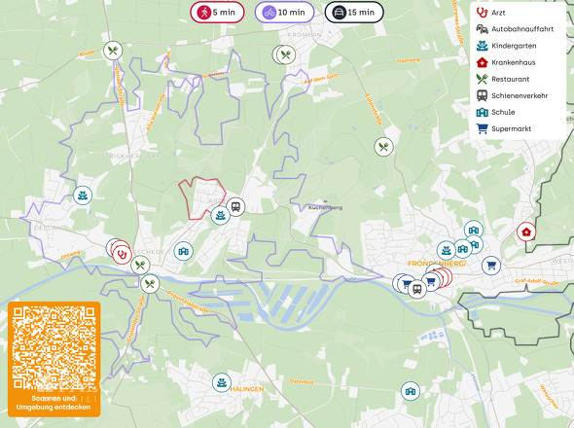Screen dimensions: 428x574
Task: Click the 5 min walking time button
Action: click(x=217, y=13)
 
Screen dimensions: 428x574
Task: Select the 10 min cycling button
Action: click(x=284, y=13)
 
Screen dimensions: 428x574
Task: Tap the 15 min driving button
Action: click(x=353, y=13)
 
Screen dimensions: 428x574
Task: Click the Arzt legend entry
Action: click(x=498, y=13)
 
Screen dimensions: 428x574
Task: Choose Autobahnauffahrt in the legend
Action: click(x=521, y=29)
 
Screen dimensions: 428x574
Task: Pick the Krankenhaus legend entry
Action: click(x=513, y=62)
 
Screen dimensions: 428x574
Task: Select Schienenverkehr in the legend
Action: click(x=519, y=95)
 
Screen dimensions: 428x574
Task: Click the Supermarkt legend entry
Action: click(x=512, y=128)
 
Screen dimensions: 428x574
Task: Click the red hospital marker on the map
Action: click(x=526, y=232)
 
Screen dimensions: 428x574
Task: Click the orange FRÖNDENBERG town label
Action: click(x=436, y=264)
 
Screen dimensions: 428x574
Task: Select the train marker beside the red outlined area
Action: click(x=235, y=206)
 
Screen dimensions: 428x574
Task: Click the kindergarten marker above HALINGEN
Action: click(x=223, y=382)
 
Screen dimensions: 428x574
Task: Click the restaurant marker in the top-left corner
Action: click(x=113, y=52)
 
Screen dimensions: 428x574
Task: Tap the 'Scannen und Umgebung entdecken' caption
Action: click(x=54, y=404)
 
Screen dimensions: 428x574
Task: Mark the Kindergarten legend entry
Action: click(x=516, y=46)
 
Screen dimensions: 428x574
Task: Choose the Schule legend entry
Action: click(x=503, y=112)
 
